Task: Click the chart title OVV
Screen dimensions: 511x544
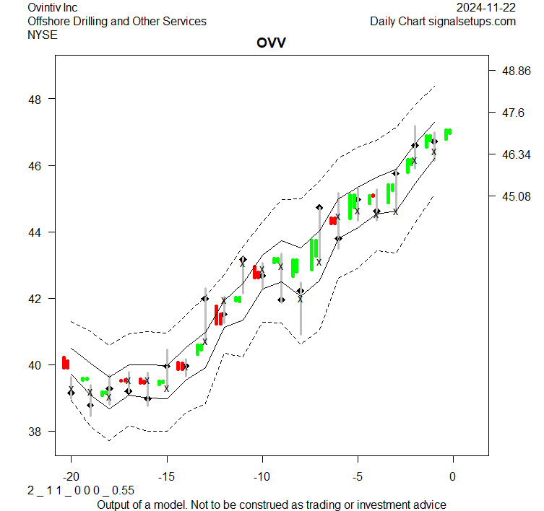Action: pyautogui.click(x=271, y=43)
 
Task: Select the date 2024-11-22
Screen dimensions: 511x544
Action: pyautogui.click(x=486, y=7)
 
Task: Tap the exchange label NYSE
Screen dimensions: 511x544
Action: pyautogui.click(x=43, y=35)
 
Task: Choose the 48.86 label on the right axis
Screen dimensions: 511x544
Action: pyautogui.click(x=517, y=71)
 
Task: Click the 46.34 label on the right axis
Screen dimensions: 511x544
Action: pyautogui.click(x=517, y=154)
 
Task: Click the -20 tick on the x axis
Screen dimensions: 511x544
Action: pyautogui.click(x=71, y=476)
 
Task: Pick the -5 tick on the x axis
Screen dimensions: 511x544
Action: pyautogui.click(x=357, y=476)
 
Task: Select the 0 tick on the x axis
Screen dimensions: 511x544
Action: pyautogui.click(x=453, y=476)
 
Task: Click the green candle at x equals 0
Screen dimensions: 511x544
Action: pyautogui.click(x=448, y=134)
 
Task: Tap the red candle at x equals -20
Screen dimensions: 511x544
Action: pyautogui.click(x=66, y=362)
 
